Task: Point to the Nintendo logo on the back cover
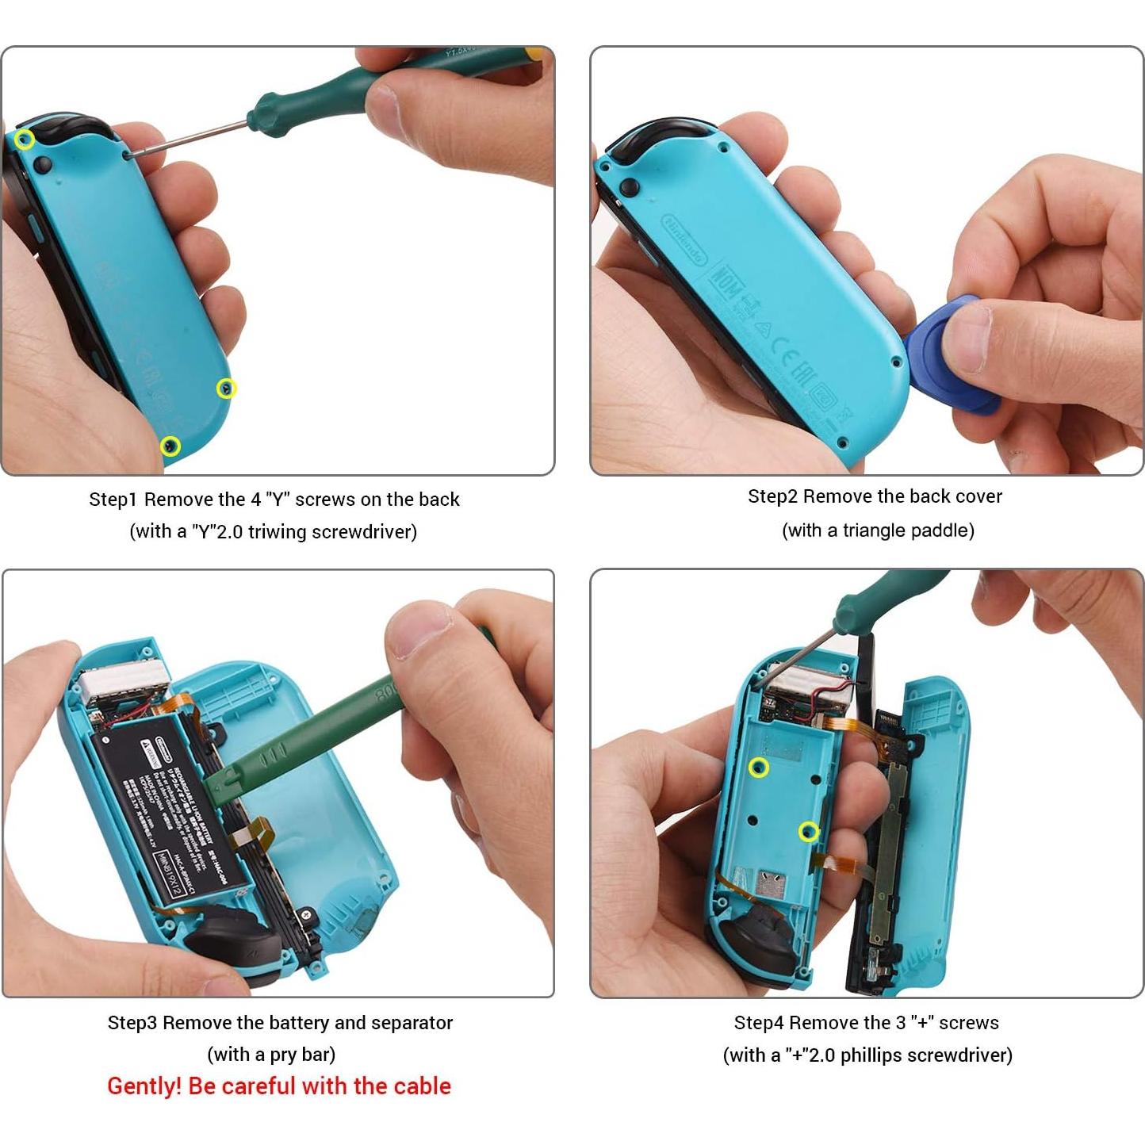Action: (x=684, y=237)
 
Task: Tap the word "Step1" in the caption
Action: (x=113, y=500)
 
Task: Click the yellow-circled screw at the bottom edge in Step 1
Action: (x=170, y=446)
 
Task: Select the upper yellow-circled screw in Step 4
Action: (x=759, y=768)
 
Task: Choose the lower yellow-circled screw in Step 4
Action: (x=808, y=832)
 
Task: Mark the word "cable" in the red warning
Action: (x=423, y=1086)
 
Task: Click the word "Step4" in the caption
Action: (x=758, y=1023)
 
